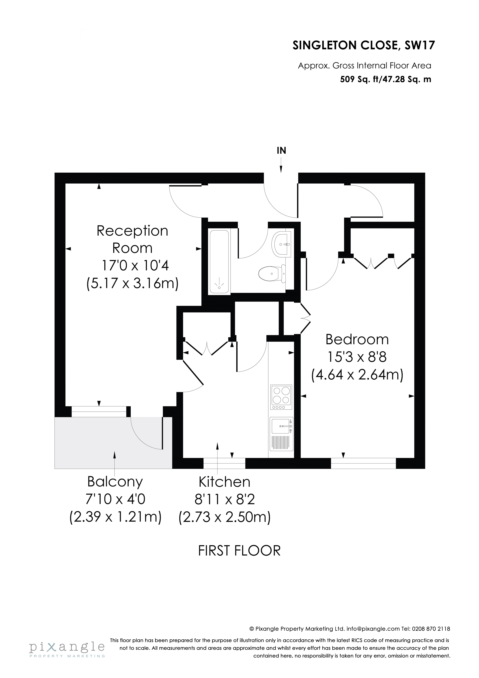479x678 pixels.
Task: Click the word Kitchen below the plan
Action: coord(224,482)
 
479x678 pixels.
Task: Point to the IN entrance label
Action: coord(281,151)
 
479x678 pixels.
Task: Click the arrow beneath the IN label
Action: coord(281,165)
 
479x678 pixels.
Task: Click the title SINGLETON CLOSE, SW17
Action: coord(364,45)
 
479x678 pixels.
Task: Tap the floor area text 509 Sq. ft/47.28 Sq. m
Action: coord(386,79)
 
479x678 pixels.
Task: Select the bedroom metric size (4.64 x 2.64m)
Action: coord(357,375)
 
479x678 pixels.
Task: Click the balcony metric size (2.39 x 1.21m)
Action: coord(115,517)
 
